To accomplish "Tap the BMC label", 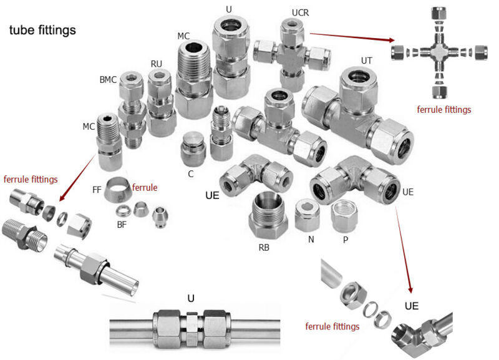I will (x=109, y=80).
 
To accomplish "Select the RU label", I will (x=156, y=63).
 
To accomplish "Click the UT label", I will (x=367, y=61).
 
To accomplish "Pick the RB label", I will (x=264, y=247).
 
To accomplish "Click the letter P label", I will (x=345, y=239).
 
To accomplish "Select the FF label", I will (x=97, y=188).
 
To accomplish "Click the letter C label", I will (x=191, y=173).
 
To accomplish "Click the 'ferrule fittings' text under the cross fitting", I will (x=444, y=110).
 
